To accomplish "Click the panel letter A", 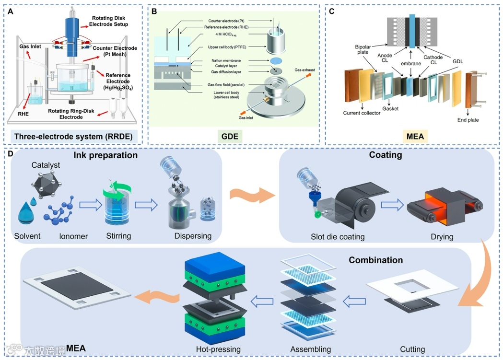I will [10, 10].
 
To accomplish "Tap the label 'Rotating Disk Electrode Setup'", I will [110, 21].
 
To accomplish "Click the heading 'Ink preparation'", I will [105, 155].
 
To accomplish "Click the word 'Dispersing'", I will [193, 236].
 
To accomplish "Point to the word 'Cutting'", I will [412, 349].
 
